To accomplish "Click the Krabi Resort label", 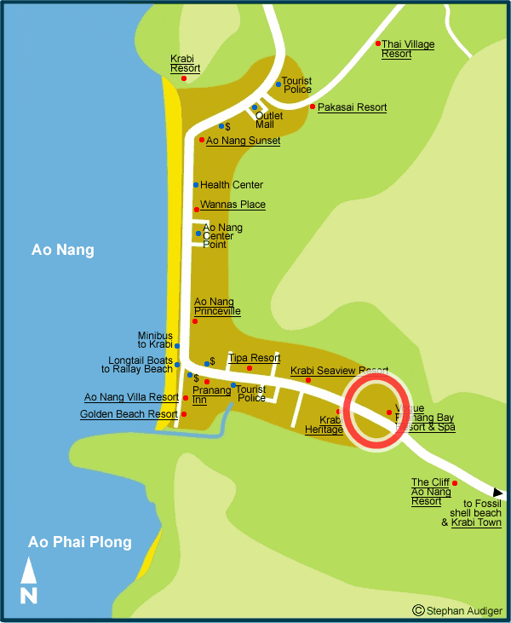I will pos(185,63).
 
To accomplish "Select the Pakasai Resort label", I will pos(352,107).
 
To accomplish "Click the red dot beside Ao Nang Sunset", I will pos(202,140).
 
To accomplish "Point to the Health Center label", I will pos(232,185).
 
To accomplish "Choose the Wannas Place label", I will pos(233,205).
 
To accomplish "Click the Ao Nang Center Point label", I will pos(222,236).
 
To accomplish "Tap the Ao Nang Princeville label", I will pos(217,307).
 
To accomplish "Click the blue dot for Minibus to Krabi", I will pos(177,346).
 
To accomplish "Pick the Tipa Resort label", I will pos(254,358).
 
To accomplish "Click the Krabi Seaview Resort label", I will pos(339,371).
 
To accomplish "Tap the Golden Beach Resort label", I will pos(129,414).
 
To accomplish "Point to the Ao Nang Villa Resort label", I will pos(131,397).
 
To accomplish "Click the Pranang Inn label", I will pos(211,395).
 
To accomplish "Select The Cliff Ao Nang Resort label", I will pos(431,492).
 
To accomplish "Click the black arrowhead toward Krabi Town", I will pos(499,493).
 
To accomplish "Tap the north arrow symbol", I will pos(29,580).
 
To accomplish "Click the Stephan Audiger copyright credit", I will pos(458,610).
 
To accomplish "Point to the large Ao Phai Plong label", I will pos(80,542).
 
